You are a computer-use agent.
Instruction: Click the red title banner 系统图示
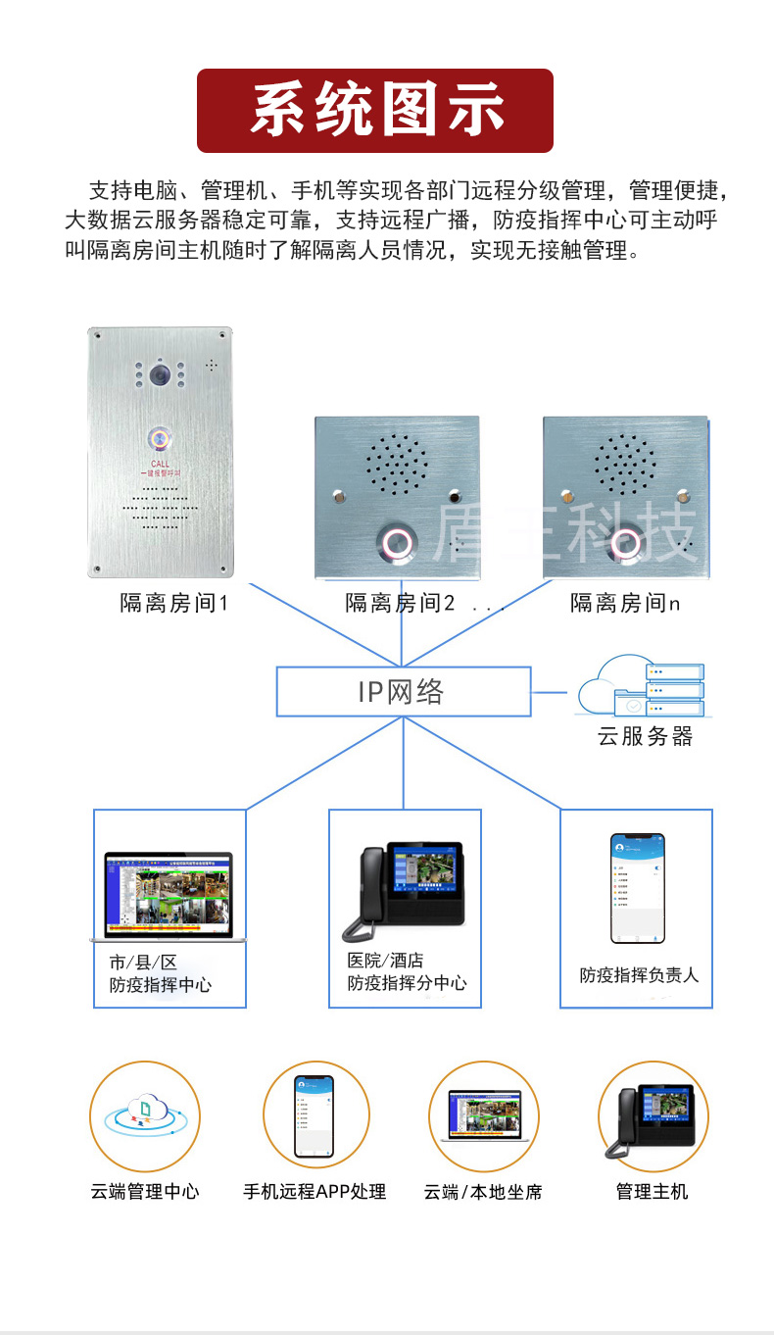coord(375,111)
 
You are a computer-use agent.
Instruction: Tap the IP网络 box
coord(403,691)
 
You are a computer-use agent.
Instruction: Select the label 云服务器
coord(645,736)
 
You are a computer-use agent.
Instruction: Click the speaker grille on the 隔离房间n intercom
coord(625,463)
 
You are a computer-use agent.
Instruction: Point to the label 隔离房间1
coord(173,603)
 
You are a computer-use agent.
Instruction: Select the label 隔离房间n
coord(624,603)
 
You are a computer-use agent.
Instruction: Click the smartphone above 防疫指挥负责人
coord(637,887)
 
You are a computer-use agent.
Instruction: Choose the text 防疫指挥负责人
coord(639,975)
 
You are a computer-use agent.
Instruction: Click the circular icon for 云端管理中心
coord(145,1115)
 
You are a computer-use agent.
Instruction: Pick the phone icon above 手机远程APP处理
coord(315,1115)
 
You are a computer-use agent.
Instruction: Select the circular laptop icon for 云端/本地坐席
coord(484,1115)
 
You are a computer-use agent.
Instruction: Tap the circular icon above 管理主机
coord(652,1115)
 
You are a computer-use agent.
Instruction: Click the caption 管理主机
coord(652,1192)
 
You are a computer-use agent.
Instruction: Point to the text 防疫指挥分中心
coord(407,982)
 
